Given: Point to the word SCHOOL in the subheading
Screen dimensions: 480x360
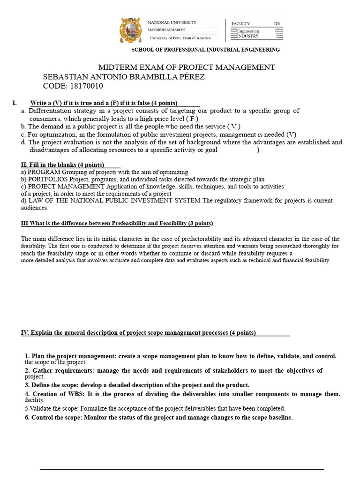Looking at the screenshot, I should [x=143, y=50].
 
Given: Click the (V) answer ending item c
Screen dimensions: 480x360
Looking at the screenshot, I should [x=291, y=134].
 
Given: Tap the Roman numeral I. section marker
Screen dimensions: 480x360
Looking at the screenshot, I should [x=15, y=103].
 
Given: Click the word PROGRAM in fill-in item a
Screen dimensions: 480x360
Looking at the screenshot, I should [x=42, y=172].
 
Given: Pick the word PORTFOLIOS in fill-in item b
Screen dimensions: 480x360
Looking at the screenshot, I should [x=47, y=180].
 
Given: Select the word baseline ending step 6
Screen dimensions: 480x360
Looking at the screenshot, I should [x=279, y=418].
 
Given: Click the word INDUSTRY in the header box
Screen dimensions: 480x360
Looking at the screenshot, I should [x=248, y=36].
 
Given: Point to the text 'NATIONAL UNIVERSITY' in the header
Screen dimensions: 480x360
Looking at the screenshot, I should [x=172, y=22].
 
